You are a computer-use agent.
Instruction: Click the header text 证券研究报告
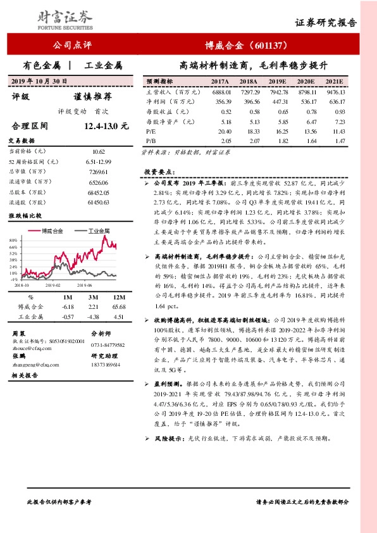click(x=326, y=22)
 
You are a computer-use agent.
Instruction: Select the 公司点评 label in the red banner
click(x=73, y=46)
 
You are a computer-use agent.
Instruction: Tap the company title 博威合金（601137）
click(x=244, y=46)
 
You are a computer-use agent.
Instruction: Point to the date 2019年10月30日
click(x=40, y=80)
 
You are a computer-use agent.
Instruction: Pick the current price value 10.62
click(x=98, y=152)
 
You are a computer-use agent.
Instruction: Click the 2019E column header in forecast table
click(x=276, y=82)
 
